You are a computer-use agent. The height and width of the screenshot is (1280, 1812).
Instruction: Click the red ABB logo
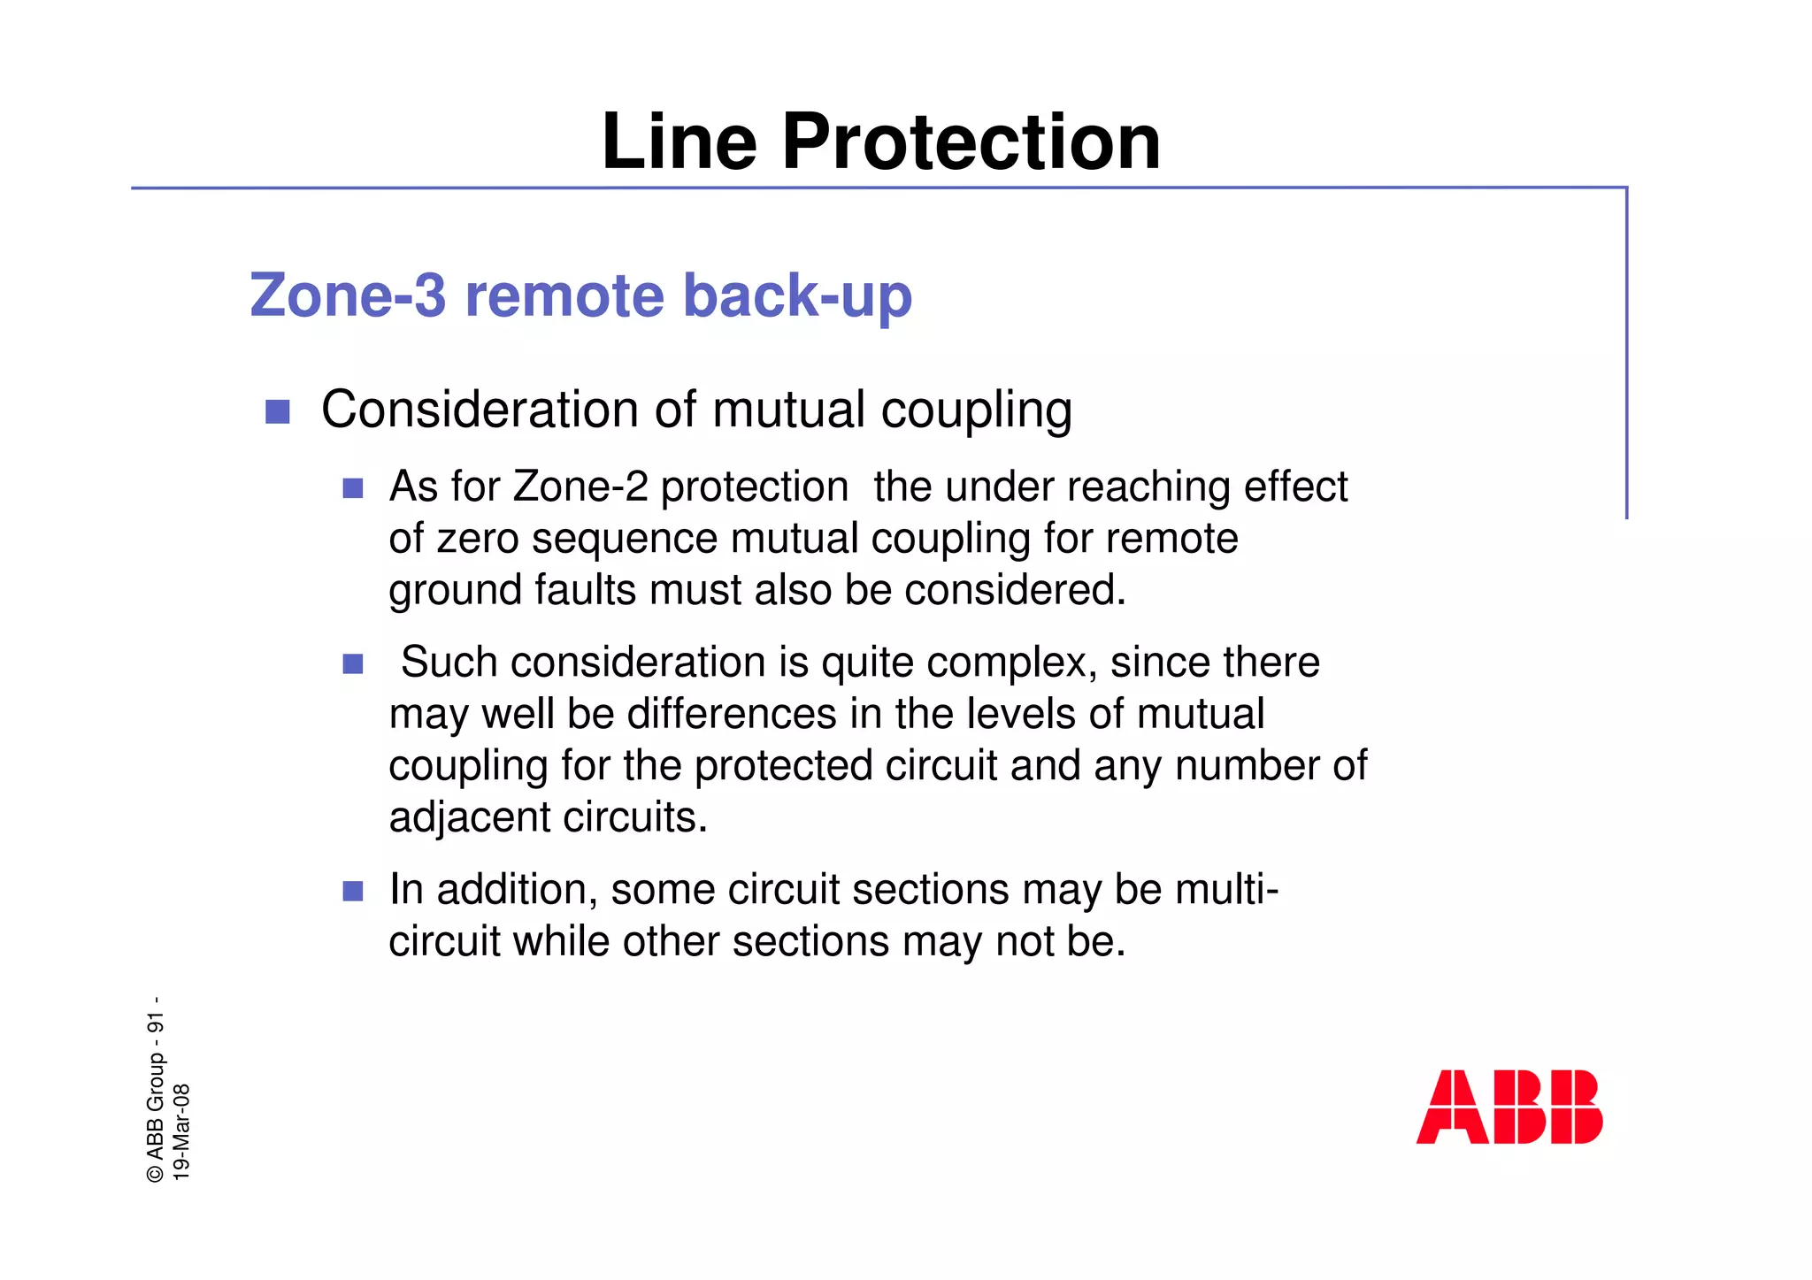[x=1509, y=1107]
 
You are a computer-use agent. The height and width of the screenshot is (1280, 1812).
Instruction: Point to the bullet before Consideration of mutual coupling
[x=278, y=412]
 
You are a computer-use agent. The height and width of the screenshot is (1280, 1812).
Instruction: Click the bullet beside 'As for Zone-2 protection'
[x=353, y=488]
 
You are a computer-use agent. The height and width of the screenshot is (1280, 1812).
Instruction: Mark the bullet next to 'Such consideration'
[x=353, y=663]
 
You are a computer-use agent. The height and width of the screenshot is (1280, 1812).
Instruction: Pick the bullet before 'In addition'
[x=353, y=891]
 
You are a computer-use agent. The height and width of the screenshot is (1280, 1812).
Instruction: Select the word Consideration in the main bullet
[x=480, y=410]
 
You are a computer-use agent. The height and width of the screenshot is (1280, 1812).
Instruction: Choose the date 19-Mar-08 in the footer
[x=181, y=1131]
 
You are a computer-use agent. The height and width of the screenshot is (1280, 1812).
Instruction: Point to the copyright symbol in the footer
[x=156, y=1173]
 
